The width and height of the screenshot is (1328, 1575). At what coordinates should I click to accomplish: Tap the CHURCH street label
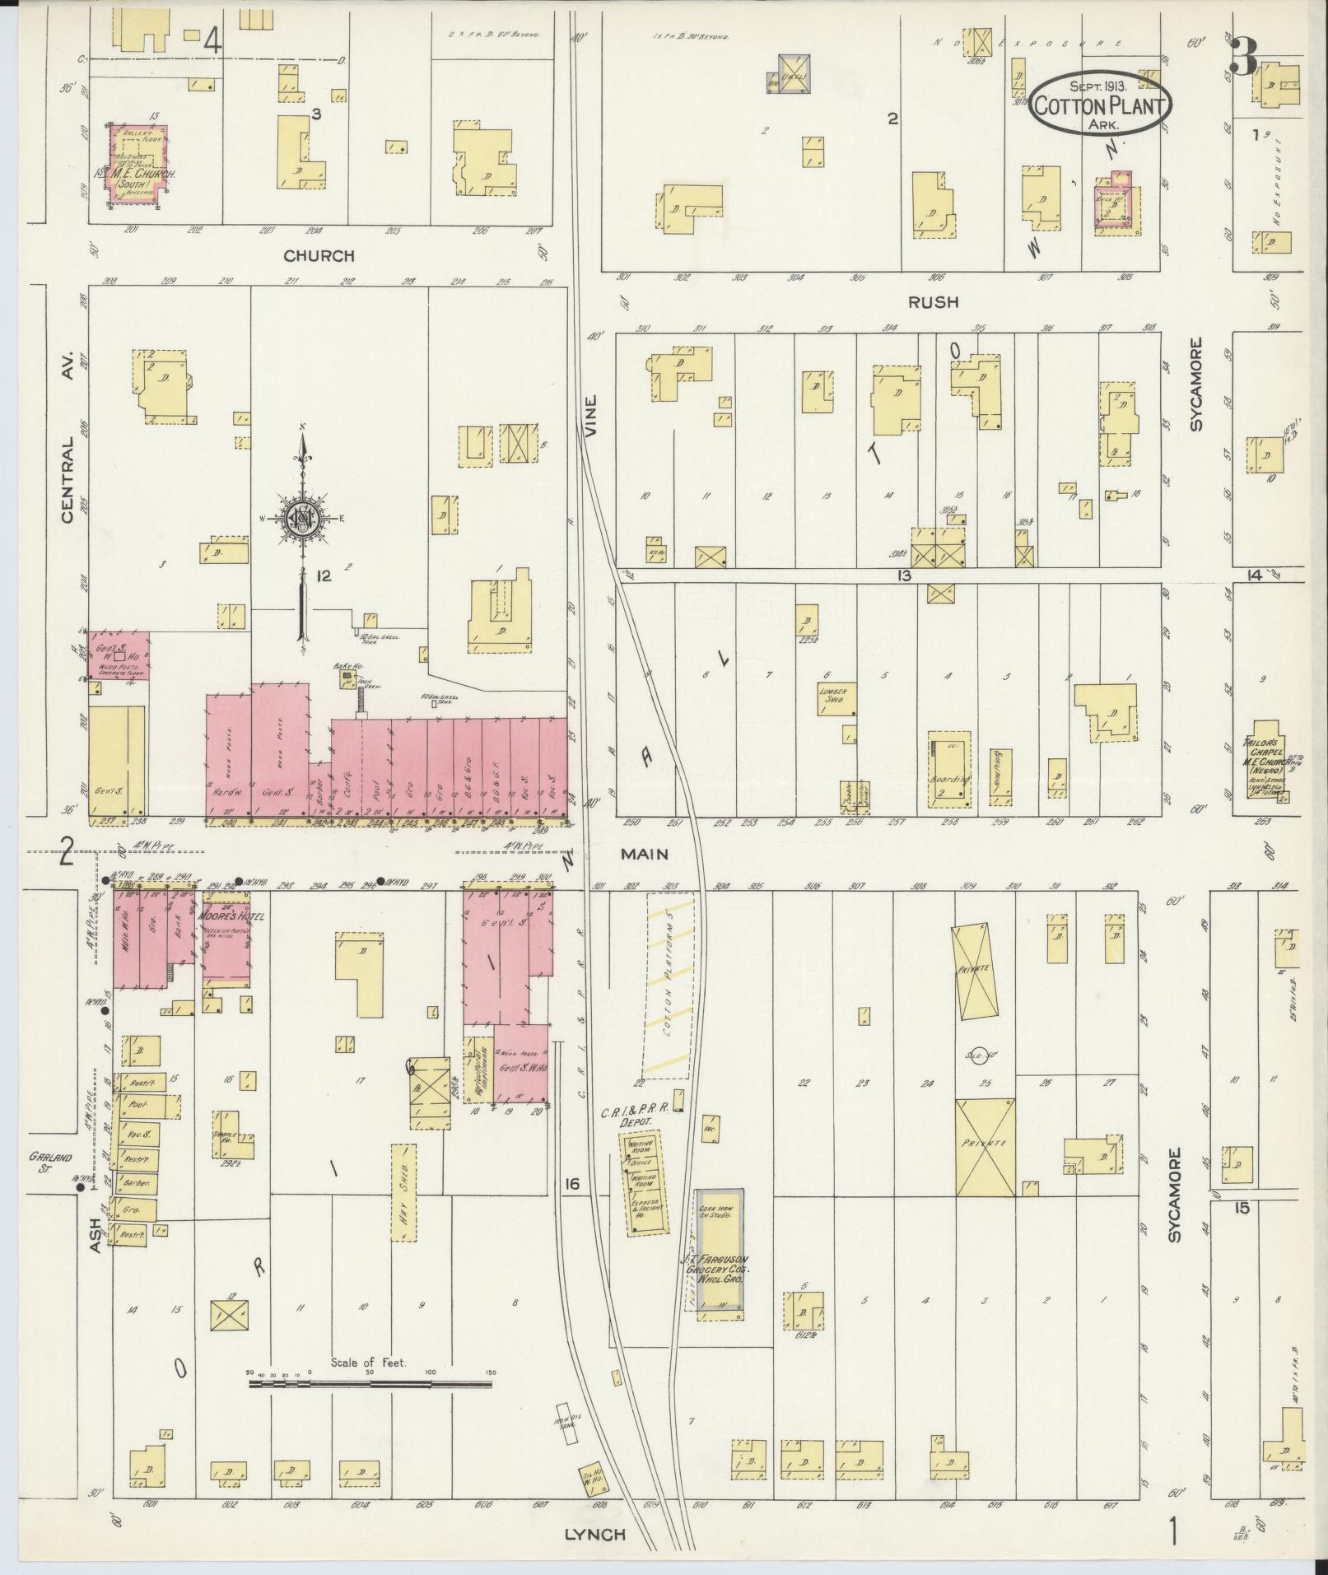319,256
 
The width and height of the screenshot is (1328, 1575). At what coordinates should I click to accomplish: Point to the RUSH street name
933,302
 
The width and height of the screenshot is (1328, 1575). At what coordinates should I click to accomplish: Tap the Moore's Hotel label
231,915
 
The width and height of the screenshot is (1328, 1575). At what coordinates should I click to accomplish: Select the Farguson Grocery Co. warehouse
720,1251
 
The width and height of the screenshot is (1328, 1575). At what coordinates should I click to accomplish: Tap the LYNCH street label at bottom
594,1534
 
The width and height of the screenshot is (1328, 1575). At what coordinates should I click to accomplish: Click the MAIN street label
644,855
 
